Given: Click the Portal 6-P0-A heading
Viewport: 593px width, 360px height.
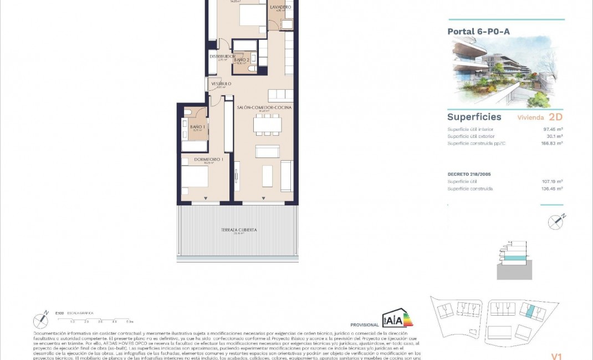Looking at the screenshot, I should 478,32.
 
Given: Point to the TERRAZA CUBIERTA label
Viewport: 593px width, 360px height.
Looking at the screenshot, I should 239,229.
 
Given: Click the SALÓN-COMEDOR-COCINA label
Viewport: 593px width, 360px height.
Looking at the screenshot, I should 264,107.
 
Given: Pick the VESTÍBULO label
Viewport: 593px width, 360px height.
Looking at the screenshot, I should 221,84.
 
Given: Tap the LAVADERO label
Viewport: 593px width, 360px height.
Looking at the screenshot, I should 280,7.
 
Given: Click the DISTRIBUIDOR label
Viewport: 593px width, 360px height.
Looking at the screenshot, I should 222,56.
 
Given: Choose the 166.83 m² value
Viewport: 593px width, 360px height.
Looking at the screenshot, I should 553,143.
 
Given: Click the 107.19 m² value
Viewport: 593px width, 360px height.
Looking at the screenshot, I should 553,181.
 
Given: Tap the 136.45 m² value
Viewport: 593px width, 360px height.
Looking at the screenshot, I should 553,188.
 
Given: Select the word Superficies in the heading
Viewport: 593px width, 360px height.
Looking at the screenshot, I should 474,117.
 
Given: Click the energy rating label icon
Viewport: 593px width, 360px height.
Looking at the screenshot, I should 397,319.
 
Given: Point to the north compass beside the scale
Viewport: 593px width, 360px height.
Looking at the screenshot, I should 41,320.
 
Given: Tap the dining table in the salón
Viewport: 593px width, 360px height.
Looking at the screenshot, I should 266,124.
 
